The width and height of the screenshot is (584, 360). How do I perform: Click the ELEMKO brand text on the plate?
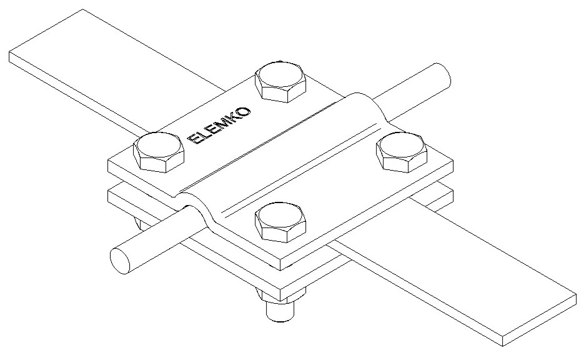pos(220,126)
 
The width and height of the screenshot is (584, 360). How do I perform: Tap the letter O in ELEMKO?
pos(244,111)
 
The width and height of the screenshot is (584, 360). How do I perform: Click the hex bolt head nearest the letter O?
pos(280,81)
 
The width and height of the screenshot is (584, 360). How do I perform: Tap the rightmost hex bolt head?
pos(402,152)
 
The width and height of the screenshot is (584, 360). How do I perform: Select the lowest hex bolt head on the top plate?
pos(280,222)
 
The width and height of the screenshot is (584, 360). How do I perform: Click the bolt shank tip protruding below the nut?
pos(280,311)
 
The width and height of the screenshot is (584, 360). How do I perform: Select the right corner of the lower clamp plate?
pos(453,191)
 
